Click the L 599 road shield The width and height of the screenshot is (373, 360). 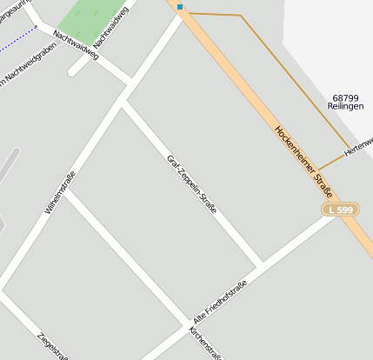[x=340, y=210]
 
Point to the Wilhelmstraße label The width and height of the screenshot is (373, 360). [x=60, y=192]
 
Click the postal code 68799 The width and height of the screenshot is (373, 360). [x=345, y=97]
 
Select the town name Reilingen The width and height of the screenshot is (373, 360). [x=345, y=106]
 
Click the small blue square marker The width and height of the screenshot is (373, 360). [x=180, y=7]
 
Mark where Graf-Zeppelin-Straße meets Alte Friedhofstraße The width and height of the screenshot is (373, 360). [x=260, y=263]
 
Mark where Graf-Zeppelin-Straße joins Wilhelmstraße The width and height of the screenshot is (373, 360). [x=123, y=100]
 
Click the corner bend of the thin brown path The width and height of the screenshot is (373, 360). [x=241, y=16]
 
